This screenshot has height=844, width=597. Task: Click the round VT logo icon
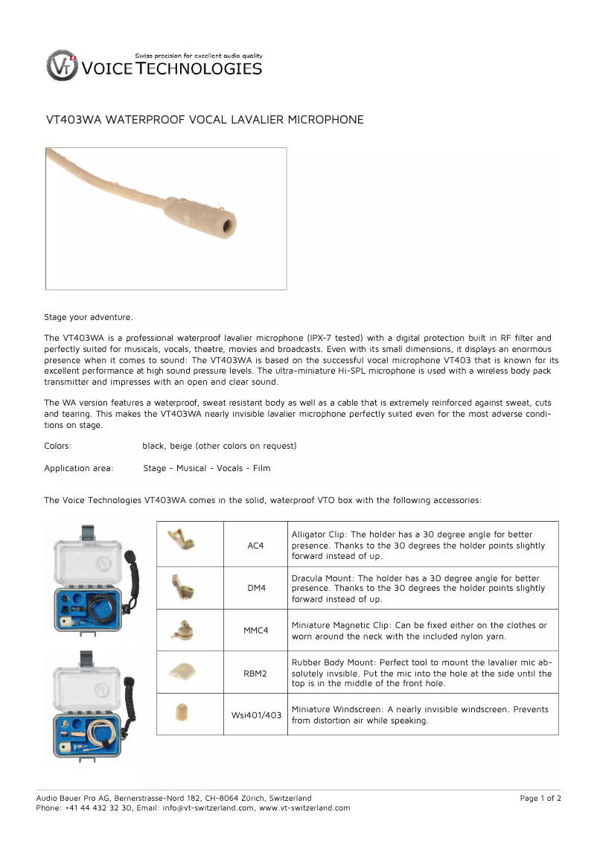[61, 65]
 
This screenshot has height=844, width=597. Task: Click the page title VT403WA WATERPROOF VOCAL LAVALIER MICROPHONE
[205, 120]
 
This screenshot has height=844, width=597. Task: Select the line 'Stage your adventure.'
[89, 318]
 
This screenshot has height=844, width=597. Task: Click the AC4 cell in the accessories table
[255, 546]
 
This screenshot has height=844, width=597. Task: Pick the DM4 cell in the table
[255, 588]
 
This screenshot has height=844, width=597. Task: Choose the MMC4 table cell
[255, 630]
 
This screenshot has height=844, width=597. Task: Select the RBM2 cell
[255, 673]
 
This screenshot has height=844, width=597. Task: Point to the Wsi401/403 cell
[255, 715]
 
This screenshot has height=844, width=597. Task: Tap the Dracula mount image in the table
[180, 586]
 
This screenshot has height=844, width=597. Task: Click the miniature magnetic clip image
[180, 629]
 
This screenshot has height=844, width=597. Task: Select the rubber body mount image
[181, 671]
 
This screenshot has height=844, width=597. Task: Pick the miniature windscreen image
[180, 713]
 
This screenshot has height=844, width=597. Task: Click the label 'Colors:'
[58, 446]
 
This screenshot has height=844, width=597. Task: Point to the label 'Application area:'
[79, 468]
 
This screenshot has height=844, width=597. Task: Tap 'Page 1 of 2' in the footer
[540, 799]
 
